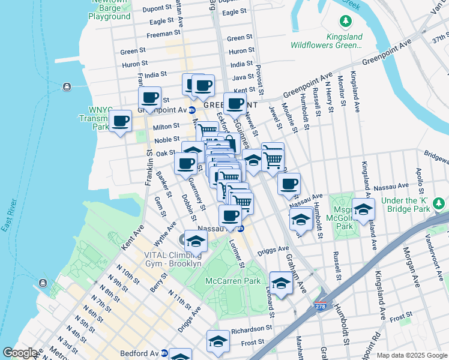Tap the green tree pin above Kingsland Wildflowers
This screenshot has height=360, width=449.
[346, 22]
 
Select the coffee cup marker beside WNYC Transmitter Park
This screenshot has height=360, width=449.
[121, 121]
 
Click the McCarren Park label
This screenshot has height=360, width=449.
[233, 281]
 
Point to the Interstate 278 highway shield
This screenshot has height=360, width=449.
[321, 306]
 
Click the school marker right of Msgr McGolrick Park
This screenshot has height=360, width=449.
[363, 209]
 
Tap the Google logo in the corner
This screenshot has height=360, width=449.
[20, 353]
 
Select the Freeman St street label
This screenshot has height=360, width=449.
[159, 34]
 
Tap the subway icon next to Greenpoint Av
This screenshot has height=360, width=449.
[192, 110]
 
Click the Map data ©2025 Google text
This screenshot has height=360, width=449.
[412, 355]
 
